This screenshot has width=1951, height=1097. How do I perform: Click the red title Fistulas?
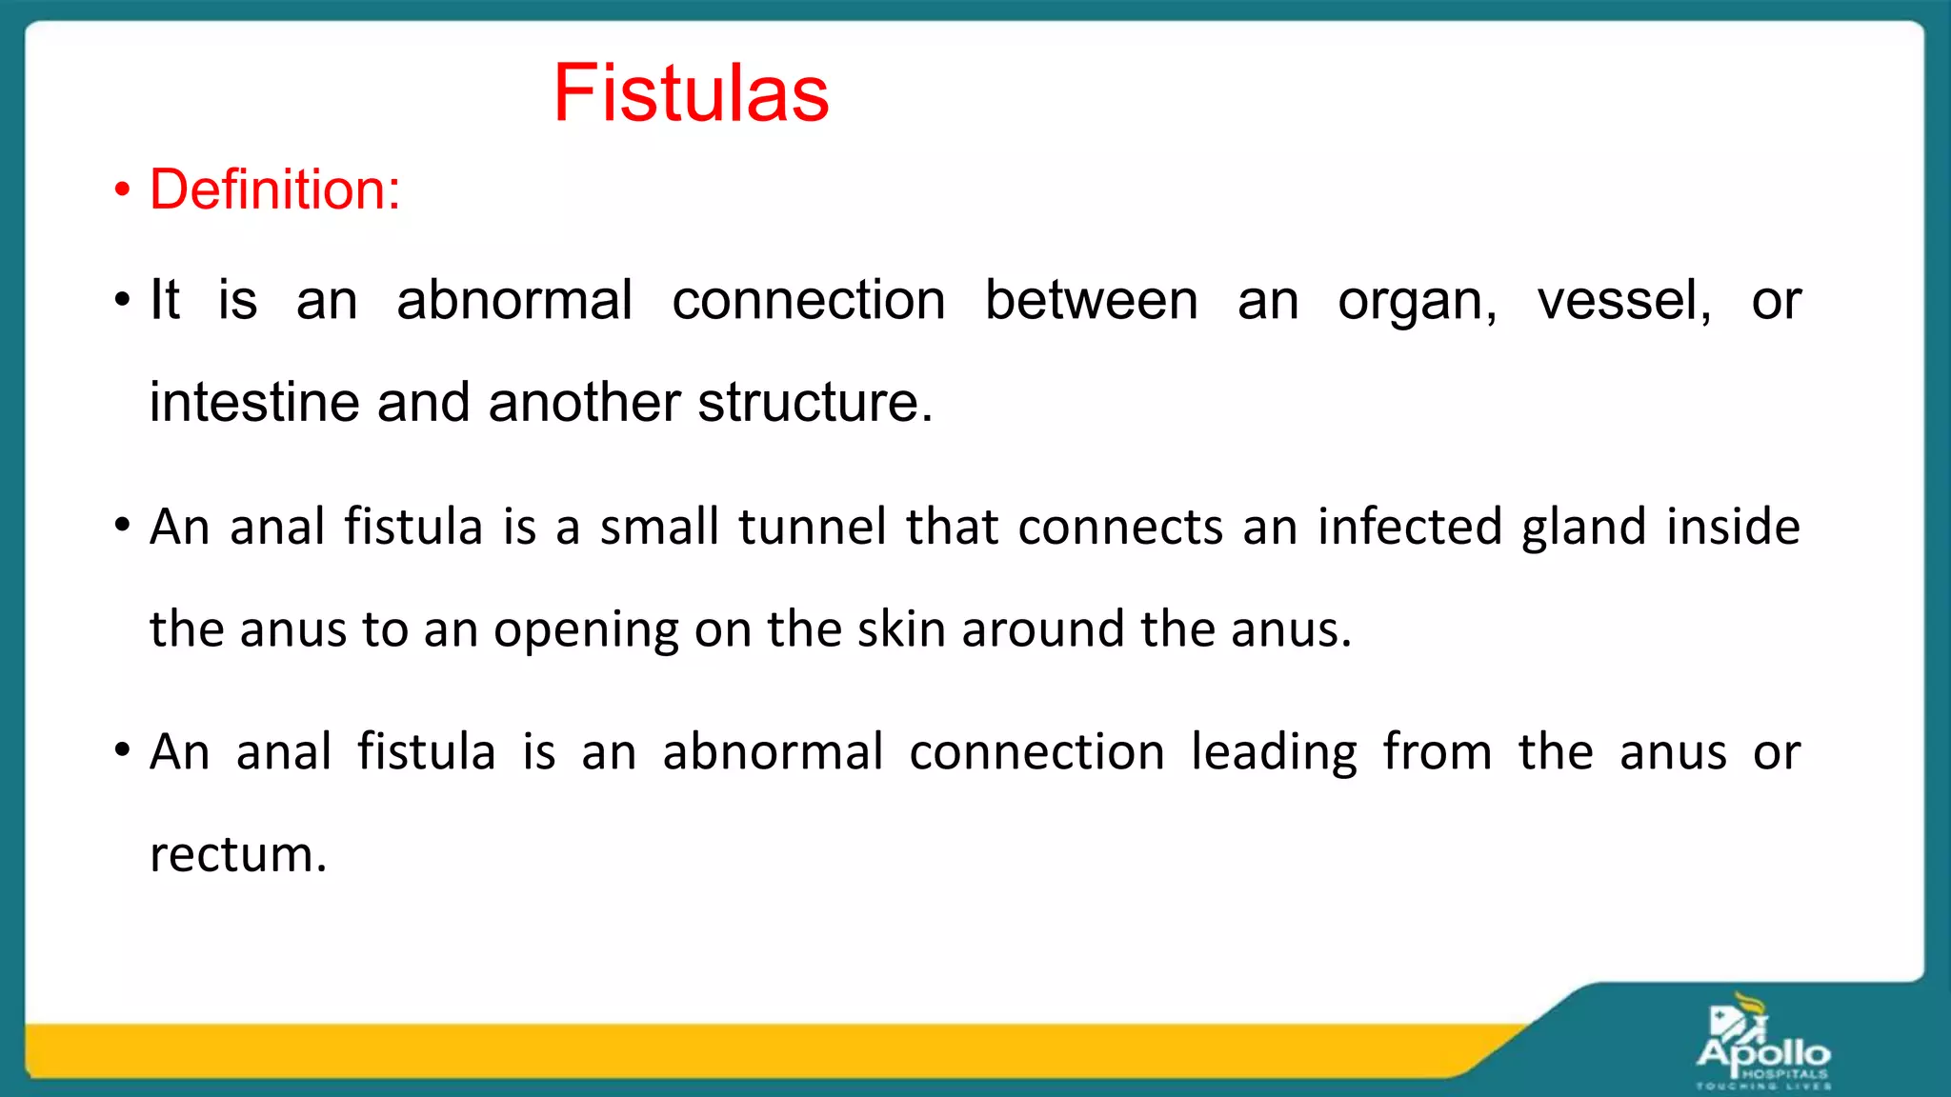pyautogui.click(x=691, y=93)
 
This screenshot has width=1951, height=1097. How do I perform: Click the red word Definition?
pyautogui.click(x=274, y=189)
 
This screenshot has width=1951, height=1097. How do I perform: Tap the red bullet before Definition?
pyautogui.click(x=122, y=189)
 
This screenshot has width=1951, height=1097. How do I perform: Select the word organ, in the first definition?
pyautogui.click(x=1417, y=303)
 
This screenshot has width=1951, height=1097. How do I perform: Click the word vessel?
pyautogui.click(x=1624, y=301)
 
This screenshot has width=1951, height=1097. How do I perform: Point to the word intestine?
pyautogui.click(x=254, y=402)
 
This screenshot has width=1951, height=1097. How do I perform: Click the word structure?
pyautogui.click(x=815, y=402)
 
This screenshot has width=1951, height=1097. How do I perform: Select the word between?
pyautogui.click(x=1091, y=301)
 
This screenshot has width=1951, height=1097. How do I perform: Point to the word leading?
pyautogui.click(x=1274, y=753)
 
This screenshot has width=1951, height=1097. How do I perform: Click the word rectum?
pyautogui.click(x=238, y=854)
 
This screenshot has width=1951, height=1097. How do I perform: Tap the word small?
pyautogui.click(x=659, y=527)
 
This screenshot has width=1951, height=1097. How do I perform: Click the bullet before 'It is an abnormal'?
pyautogui.click(x=122, y=301)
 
